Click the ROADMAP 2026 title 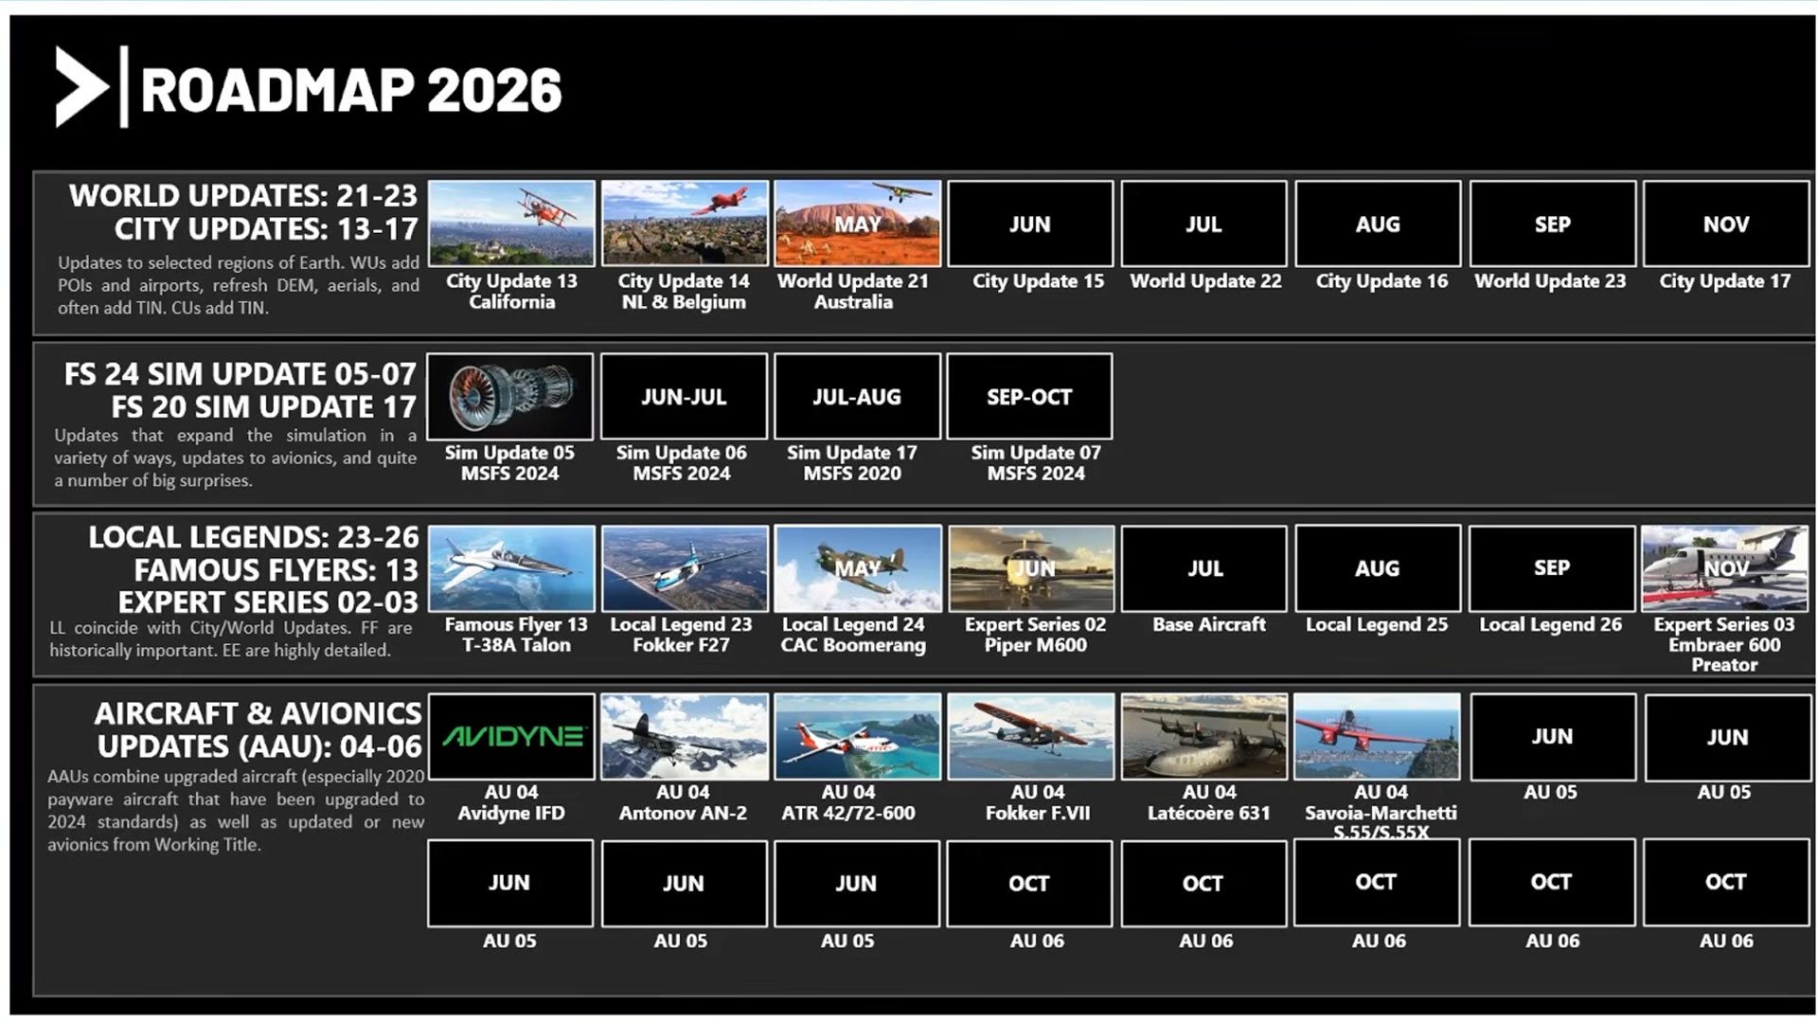[x=351, y=90]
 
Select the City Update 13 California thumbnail [x=511, y=224]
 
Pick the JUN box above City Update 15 [x=1030, y=224]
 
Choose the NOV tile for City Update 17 [x=1726, y=224]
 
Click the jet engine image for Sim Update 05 [x=510, y=396]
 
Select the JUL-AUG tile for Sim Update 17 [x=857, y=396]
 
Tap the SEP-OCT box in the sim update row [x=1029, y=396]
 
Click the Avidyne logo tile [x=511, y=737]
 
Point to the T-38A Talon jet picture [x=511, y=568]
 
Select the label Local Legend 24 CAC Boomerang [x=853, y=635]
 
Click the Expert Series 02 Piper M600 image [x=1031, y=568]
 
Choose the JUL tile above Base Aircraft [x=1204, y=568]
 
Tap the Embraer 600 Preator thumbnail [x=1725, y=568]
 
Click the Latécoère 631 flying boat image [x=1204, y=737]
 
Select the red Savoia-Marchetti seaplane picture [x=1377, y=737]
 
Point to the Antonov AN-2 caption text [x=683, y=813]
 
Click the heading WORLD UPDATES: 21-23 [x=243, y=196]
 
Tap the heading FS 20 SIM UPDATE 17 [x=264, y=407]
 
